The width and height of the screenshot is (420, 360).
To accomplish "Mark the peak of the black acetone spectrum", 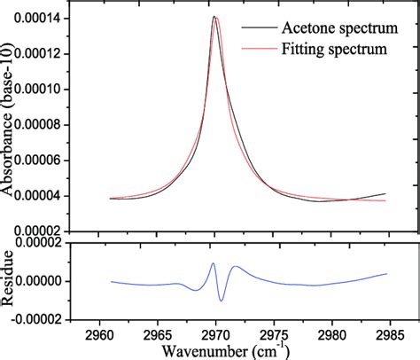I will [214, 16].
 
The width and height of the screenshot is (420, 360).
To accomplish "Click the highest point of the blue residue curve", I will [214, 263].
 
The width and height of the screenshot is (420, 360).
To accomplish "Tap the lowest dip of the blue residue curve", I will [222, 301].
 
